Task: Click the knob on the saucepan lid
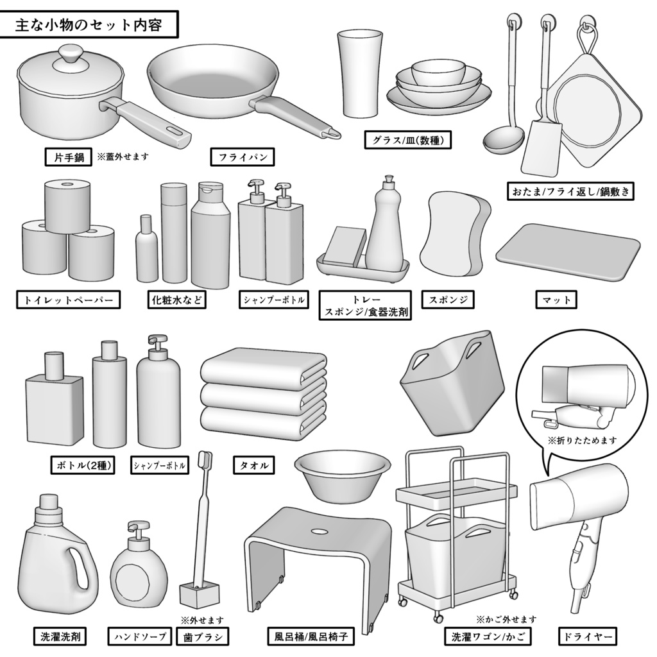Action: click(67, 54)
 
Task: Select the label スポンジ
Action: click(448, 300)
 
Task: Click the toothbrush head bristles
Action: click(207, 459)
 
